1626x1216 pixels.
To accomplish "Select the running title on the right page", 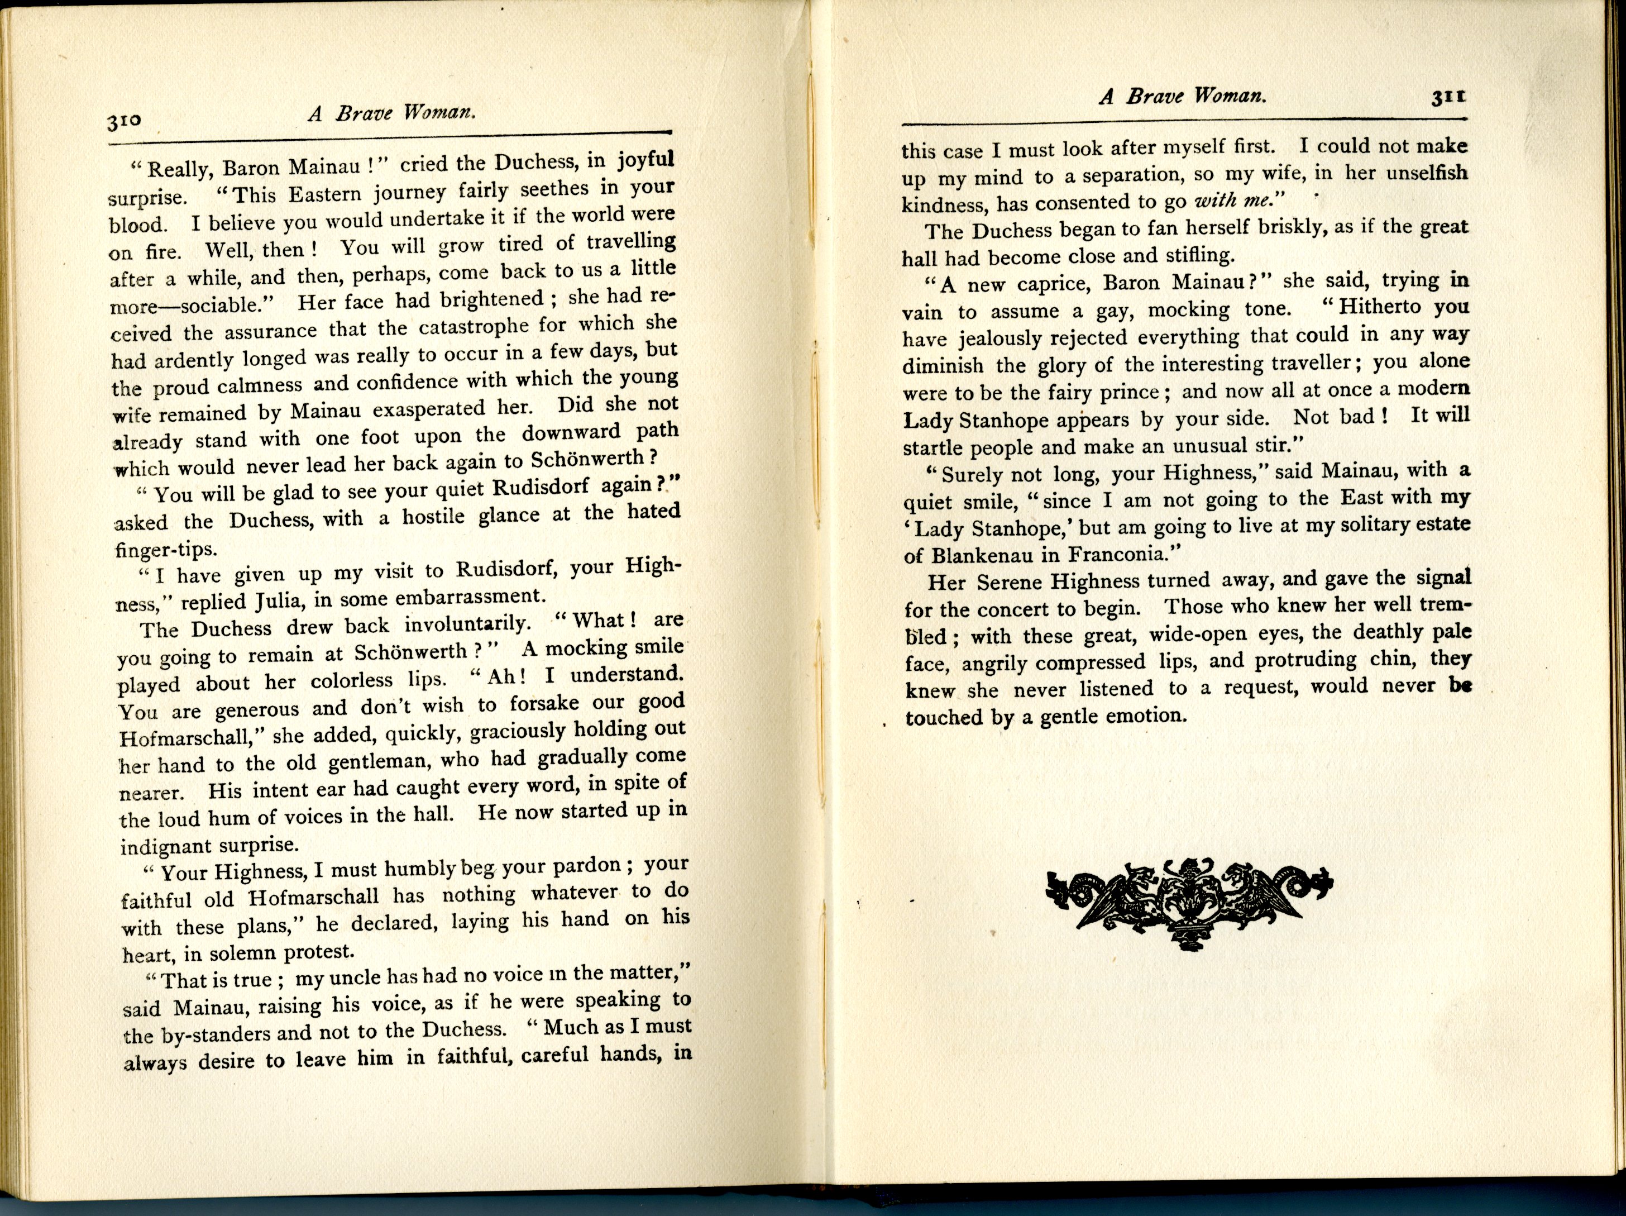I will point(1182,96).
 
